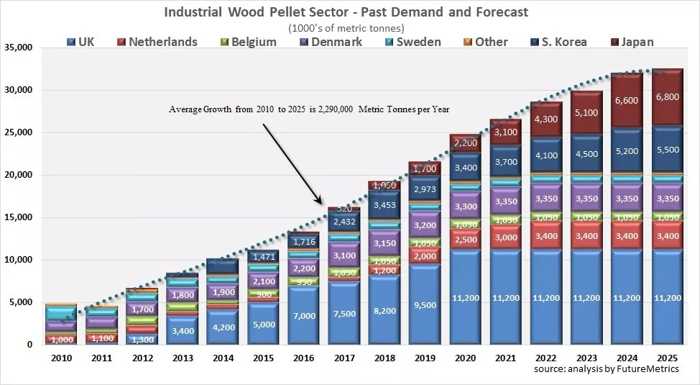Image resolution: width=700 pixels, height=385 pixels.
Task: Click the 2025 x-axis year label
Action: (x=667, y=357)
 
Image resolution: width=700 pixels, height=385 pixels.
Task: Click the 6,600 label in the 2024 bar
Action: (x=627, y=100)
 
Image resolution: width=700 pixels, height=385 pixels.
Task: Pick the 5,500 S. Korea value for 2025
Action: (x=667, y=152)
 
